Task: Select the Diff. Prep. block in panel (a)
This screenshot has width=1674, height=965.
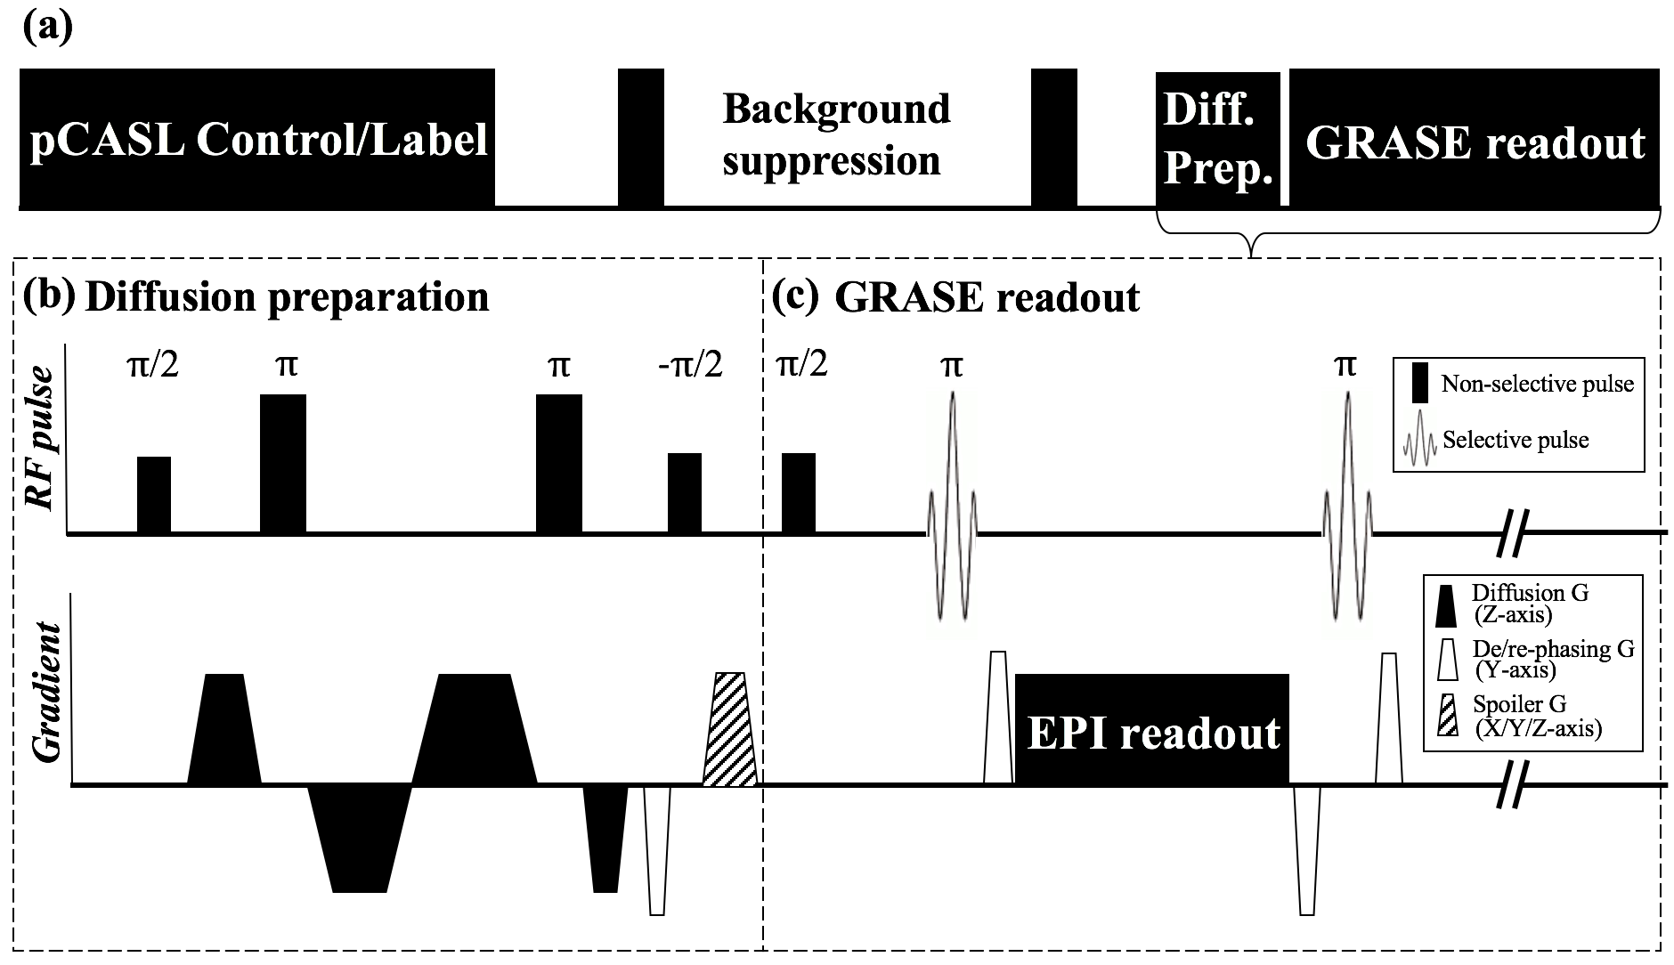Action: click(1217, 140)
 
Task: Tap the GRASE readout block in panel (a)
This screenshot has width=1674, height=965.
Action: click(1474, 140)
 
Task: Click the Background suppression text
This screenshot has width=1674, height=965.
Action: click(835, 135)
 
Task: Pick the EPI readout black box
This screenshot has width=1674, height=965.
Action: click(1152, 730)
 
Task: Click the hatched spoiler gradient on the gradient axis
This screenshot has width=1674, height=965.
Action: click(730, 730)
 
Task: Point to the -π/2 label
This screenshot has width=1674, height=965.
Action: click(684, 365)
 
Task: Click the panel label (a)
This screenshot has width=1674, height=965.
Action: click(47, 27)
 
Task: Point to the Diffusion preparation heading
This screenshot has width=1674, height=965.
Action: click(286, 297)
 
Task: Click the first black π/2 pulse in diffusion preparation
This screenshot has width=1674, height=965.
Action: click(153, 495)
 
